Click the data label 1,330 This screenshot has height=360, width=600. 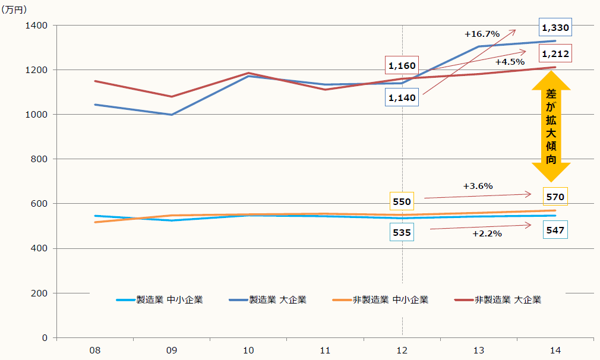pyautogui.click(x=555, y=27)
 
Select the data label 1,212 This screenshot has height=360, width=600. pyautogui.click(x=555, y=54)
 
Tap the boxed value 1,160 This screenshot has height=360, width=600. pyautogui.click(x=402, y=65)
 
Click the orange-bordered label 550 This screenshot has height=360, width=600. pyautogui.click(x=402, y=201)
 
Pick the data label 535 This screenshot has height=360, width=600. pyautogui.click(x=402, y=232)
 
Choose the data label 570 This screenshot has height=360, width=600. pyautogui.click(x=555, y=197)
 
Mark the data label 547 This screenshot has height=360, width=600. pyautogui.click(x=555, y=229)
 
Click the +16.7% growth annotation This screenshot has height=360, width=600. pyautogui.click(x=482, y=34)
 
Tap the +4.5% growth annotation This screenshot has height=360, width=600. pyautogui.click(x=510, y=61)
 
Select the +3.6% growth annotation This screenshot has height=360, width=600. pyautogui.click(x=478, y=186)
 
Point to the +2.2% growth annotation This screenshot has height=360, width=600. pyautogui.click(x=487, y=233)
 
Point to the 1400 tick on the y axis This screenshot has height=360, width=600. pyautogui.click(x=37, y=26)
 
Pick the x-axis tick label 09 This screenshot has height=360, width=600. pyautogui.click(x=172, y=350)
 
